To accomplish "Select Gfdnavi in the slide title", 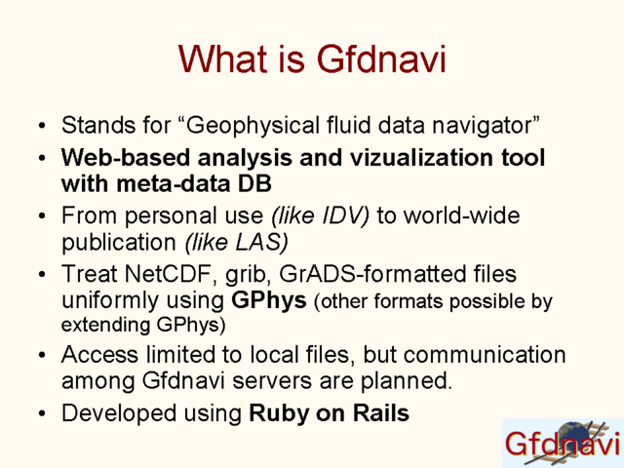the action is (x=381, y=58).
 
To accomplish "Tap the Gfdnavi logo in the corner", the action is (x=564, y=443).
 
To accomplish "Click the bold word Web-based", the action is (x=126, y=158).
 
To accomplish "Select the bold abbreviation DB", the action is (x=254, y=184).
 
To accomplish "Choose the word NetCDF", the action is (x=168, y=274).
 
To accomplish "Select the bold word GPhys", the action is (x=269, y=301).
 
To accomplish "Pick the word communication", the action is (x=485, y=354).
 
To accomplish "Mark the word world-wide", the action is (x=461, y=215).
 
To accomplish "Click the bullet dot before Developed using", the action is (x=42, y=413).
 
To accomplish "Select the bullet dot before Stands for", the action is (x=42, y=126).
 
